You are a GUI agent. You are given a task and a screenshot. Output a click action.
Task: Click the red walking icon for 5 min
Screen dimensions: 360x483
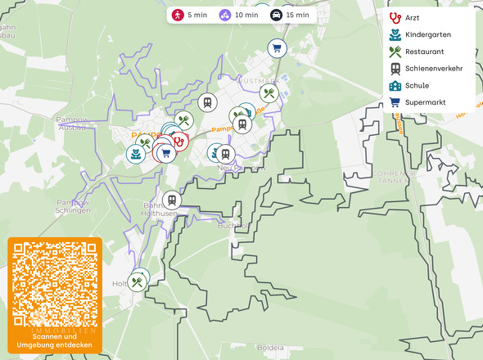178,15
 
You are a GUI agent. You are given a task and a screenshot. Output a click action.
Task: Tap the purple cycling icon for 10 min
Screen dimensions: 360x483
225,15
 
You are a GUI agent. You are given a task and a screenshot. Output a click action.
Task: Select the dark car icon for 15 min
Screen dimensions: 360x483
277,15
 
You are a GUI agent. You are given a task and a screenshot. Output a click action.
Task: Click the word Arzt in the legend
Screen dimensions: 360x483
412,17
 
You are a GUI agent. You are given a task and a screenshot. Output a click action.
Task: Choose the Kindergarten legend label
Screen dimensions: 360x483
427,34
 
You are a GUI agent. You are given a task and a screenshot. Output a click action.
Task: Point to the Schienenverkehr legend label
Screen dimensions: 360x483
433,68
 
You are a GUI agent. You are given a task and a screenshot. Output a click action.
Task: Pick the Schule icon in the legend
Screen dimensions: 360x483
395,85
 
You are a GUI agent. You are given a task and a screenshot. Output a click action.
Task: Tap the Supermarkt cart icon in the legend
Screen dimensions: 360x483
395,102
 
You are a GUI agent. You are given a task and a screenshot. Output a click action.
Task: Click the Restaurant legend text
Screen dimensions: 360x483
424,52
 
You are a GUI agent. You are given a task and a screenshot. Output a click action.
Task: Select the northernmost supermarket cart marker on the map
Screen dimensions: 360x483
277,48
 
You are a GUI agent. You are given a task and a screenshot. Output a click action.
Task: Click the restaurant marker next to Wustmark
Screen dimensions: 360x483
269,93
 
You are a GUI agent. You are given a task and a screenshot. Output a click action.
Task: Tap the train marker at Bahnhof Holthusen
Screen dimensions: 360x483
171,200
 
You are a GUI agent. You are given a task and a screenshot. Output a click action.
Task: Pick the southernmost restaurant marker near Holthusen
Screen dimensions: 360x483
138,282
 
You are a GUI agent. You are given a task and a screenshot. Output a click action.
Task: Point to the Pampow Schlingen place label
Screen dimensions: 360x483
73,206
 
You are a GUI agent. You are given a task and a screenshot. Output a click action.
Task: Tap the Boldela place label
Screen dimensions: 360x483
270,347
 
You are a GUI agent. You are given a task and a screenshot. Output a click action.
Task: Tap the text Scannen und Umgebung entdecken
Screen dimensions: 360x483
55,340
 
